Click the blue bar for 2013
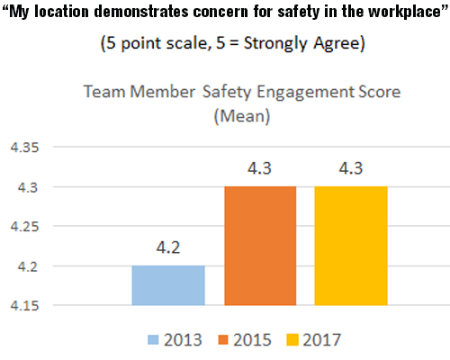pyautogui.click(x=168, y=287)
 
